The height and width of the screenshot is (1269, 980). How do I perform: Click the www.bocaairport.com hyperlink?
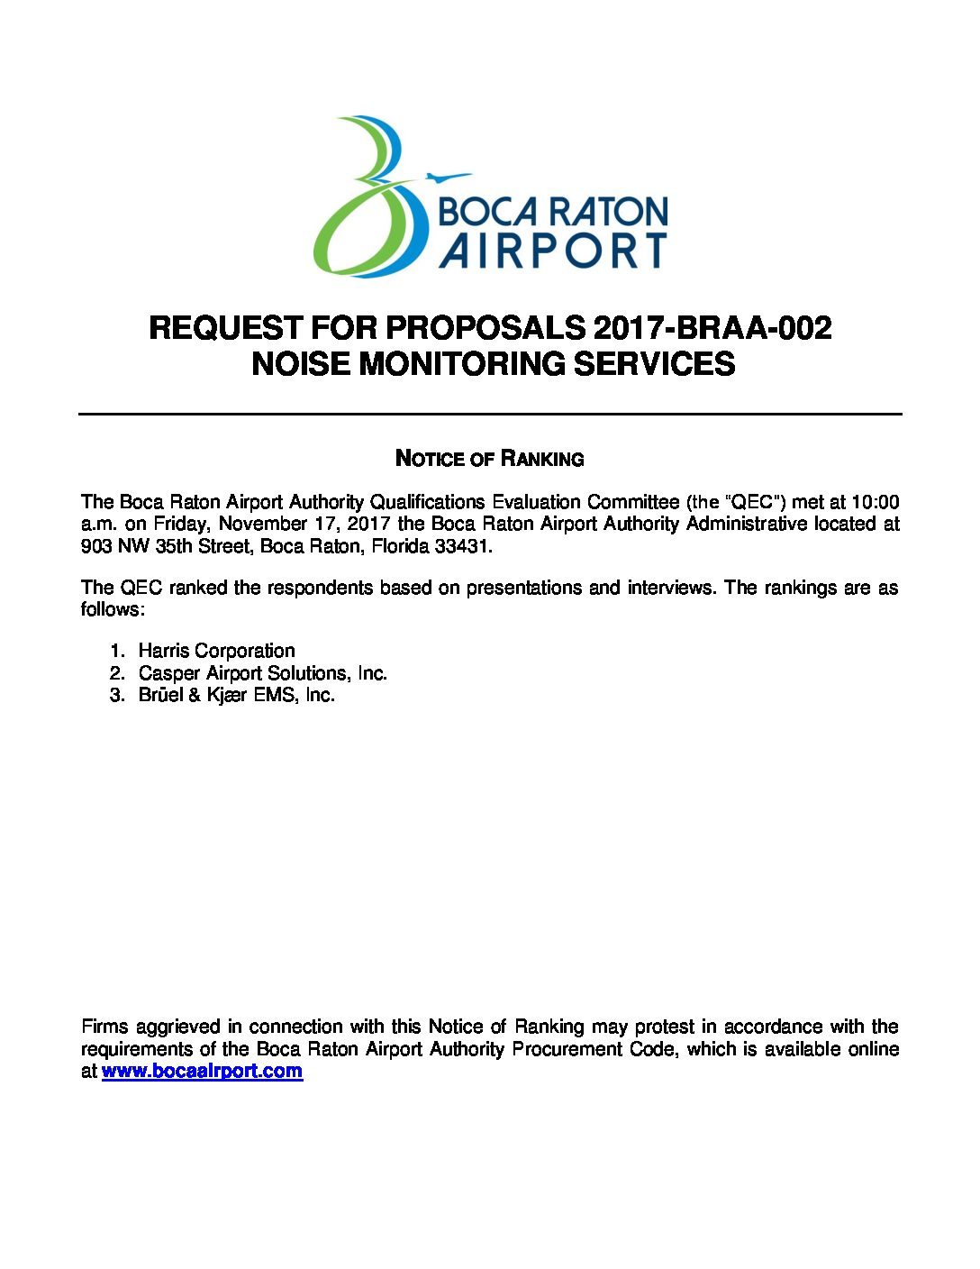coord(202,1072)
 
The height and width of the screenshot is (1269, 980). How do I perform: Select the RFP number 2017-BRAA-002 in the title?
coord(712,328)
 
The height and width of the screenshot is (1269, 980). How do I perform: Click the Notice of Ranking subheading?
coord(490,459)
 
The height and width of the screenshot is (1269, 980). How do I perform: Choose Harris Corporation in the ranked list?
coord(216,651)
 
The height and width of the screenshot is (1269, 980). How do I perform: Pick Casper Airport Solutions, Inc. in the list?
coord(262,673)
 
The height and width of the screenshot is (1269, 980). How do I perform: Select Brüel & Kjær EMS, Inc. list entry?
coord(236,696)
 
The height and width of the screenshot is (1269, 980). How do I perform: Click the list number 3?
coord(117,696)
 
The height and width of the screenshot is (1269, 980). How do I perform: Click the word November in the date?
coord(262,525)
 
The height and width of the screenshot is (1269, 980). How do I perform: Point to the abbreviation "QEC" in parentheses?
coord(753,502)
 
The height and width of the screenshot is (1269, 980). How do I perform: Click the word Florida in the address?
coord(400,546)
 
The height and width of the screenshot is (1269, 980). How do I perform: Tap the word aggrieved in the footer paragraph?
coord(177,1027)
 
